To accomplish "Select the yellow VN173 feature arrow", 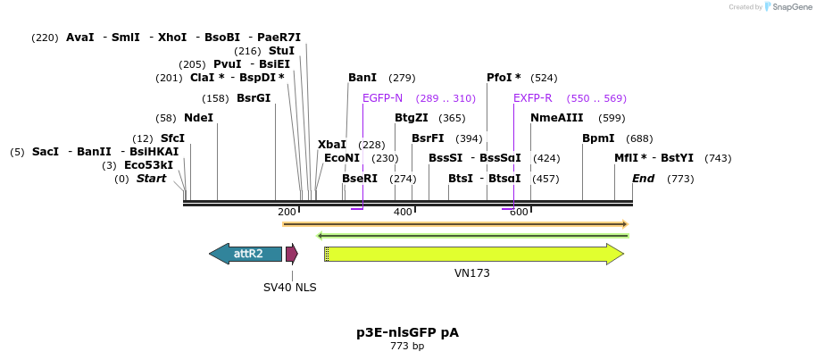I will click(473, 254).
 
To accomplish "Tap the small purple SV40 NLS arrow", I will click(291, 254).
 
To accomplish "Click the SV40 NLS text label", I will click(289, 288).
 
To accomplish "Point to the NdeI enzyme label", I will click(198, 118).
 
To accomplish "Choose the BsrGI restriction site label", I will click(254, 98).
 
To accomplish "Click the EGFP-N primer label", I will click(382, 98).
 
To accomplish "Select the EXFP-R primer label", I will click(532, 98).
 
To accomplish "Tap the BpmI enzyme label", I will click(598, 138).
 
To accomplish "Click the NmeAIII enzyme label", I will click(556, 118).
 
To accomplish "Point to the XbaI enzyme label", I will click(332, 145).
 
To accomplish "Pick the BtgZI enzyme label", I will click(412, 118).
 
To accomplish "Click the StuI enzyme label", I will click(281, 51).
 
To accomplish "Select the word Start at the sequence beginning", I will click(151, 179).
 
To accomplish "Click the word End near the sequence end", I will click(643, 179).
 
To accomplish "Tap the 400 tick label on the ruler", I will click(403, 212).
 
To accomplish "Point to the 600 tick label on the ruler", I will click(519, 212).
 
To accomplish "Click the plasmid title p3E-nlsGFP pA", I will click(407, 332).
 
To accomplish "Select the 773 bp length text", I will click(407, 347).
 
